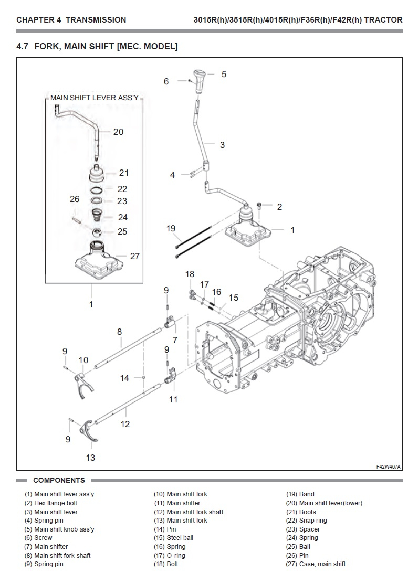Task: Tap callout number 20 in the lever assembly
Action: [118, 132]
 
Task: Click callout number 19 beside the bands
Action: [171, 228]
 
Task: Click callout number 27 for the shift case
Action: [135, 256]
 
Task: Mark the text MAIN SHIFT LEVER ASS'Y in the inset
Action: [94, 98]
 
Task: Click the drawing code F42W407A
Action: [388, 466]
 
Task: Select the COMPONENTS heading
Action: [59, 480]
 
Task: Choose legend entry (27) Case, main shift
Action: [322, 564]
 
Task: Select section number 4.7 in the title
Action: [23, 47]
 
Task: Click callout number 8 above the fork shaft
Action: [120, 332]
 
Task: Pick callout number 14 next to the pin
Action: [124, 378]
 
